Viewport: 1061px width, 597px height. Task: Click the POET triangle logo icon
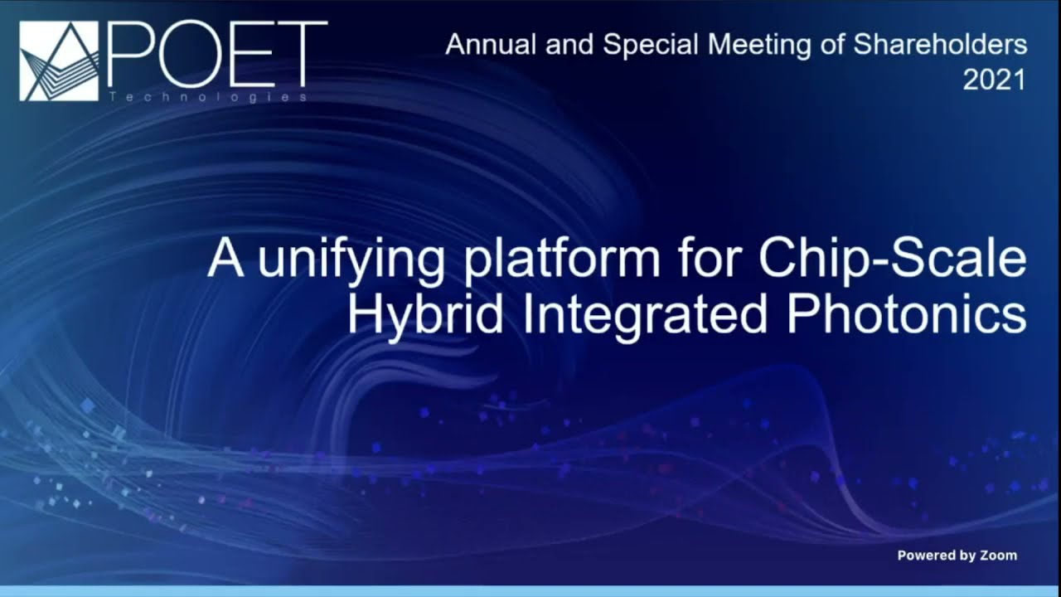[59, 61]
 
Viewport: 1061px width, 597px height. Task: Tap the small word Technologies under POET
[207, 97]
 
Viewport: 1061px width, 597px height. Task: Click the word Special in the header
[639, 45]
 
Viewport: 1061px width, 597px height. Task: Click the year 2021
[994, 80]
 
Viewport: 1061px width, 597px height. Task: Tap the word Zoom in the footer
[998, 556]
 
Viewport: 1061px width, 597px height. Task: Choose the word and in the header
[569, 45]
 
